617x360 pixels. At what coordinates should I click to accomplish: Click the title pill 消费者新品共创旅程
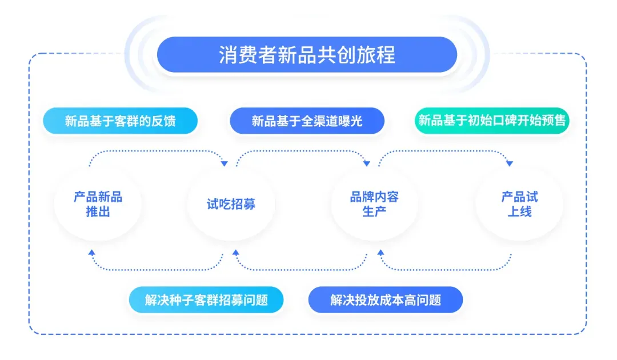click(x=307, y=55)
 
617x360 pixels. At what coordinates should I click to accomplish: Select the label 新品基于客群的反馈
click(x=120, y=121)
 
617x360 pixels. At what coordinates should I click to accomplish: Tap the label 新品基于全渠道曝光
click(x=307, y=121)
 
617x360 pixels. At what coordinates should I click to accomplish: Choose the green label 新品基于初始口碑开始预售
click(x=492, y=121)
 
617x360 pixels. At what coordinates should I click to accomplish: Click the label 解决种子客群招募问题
click(x=206, y=300)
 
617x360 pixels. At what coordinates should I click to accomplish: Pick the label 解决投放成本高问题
click(x=386, y=300)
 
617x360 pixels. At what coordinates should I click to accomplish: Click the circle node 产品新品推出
click(x=98, y=204)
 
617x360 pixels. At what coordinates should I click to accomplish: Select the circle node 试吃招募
click(x=231, y=204)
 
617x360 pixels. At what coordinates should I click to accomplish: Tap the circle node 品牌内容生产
click(x=374, y=204)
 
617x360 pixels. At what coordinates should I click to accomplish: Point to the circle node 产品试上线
click(x=519, y=204)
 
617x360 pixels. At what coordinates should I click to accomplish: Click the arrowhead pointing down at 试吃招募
click(x=225, y=163)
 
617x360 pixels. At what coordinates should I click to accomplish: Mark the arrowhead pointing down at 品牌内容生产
click(x=367, y=163)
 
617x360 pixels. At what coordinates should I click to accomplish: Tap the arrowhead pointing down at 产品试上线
click(x=510, y=163)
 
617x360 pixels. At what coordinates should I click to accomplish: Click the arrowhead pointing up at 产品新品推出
click(x=91, y=253)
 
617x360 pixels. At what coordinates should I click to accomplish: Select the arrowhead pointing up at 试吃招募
click(x=236, y=253)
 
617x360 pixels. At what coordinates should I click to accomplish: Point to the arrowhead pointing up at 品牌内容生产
click(x=380, y=253)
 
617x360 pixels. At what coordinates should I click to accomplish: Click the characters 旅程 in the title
click(x=376, y=55)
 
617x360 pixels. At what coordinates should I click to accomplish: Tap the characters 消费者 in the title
click(x=248, y=55)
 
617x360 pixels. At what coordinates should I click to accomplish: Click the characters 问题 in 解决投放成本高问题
click(x=429, y=300)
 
